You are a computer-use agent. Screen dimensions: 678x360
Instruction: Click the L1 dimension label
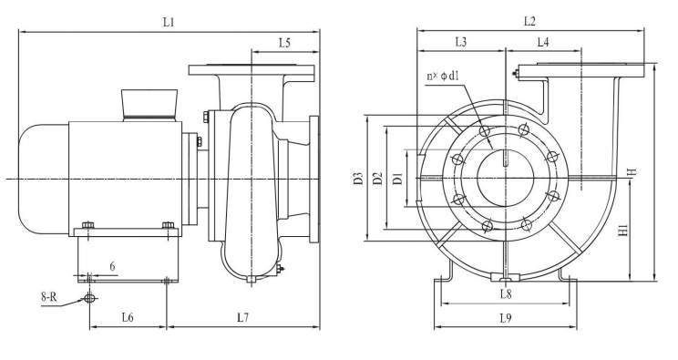[x=169, y=22]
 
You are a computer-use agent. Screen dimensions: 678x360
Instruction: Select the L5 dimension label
[x=284, y=43]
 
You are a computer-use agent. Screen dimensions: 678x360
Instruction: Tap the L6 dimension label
[x=128, y=317]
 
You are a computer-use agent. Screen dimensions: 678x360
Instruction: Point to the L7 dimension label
[x=243, y=317]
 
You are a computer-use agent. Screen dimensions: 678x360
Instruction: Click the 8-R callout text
[x=49, y=297]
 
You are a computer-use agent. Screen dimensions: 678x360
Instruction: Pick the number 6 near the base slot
[x=112, y=266]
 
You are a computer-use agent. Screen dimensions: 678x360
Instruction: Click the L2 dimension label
[x=529, y=21]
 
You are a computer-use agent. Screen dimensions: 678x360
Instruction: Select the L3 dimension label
[x=461, y=42]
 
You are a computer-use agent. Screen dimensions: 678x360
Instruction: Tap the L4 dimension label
[x=543, y=42]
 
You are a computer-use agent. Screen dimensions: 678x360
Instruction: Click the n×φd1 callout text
[x=443, y=77]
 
